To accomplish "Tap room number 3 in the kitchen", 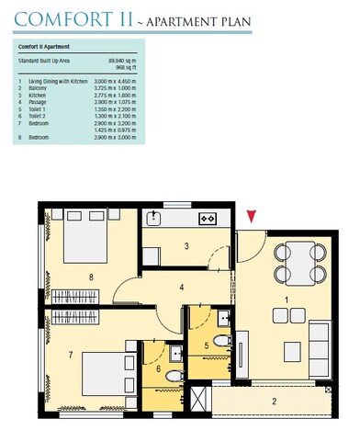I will coord(186,245).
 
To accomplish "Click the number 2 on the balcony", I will coord(274,401).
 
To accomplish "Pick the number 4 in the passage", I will coord(183,288).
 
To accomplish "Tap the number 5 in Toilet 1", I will coord(208,345).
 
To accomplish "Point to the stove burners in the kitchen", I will coord(208,218).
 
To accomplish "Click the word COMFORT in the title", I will coord(60,17).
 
